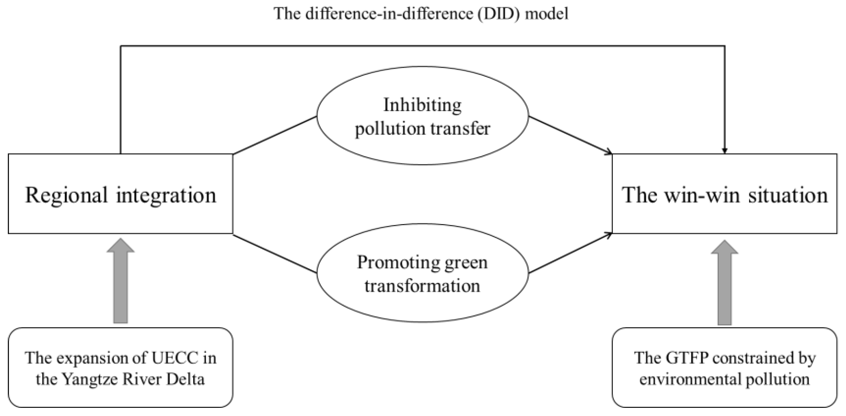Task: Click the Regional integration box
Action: [120, 194]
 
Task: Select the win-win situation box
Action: [725, 194]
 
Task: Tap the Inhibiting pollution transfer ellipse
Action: [423, 116]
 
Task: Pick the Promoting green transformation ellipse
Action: [423, 273]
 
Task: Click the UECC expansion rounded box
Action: [120, 368]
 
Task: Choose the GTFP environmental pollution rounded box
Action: [725, 368]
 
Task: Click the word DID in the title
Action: [499, 14]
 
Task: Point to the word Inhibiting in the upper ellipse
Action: [422, 105]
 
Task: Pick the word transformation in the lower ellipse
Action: [422, 286]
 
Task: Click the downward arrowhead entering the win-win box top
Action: [725, 151]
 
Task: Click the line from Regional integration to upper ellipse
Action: [275, 135]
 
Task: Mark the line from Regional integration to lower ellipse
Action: [275, 253]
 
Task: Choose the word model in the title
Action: [547, 14]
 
